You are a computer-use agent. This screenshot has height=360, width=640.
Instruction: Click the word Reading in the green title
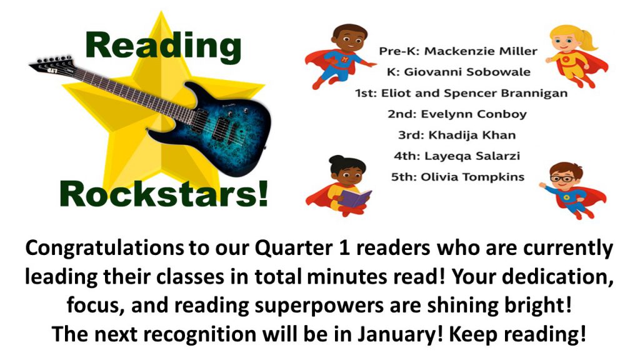(163, 47)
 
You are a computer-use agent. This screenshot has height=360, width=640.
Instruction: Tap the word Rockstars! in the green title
(164, 194)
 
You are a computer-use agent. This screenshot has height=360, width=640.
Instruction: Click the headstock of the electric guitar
(52, 65)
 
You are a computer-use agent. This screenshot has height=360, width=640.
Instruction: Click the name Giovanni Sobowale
(467, 72)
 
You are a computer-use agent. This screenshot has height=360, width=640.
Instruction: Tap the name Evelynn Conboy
(474, 114)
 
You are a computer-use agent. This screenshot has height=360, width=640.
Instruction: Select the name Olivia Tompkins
(472, 177)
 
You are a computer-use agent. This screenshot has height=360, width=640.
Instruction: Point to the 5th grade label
(404, 177)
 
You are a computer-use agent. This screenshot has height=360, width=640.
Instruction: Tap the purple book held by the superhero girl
(354, 198)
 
